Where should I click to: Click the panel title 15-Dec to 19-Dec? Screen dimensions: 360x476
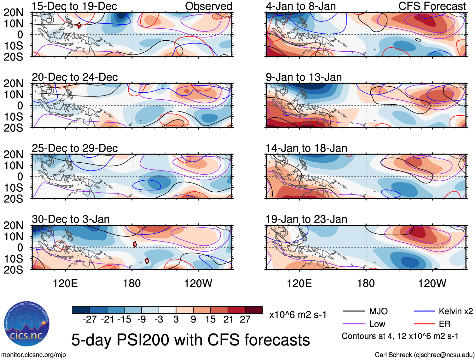pos(74,6)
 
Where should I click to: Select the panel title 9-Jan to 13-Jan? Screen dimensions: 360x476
pos(304,77)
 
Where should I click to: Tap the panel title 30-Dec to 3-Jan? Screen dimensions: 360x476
pos(71,219)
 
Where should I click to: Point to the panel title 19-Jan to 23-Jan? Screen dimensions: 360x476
pos(306,219)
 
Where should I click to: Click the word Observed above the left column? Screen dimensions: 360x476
pos(208,6)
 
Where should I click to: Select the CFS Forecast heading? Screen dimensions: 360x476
pos(432,6)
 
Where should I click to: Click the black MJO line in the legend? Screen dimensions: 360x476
pos(354,311)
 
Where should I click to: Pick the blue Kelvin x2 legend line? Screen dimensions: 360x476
pos(424,311)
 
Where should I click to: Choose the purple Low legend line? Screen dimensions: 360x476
pos(354,324)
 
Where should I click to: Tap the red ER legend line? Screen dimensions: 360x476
pos(424,324)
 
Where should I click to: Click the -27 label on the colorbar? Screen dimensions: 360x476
pos(90,320)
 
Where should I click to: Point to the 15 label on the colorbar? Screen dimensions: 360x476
pos(210,320)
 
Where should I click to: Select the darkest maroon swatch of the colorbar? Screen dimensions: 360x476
pos(254,310)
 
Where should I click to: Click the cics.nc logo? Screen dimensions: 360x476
pos(27,324)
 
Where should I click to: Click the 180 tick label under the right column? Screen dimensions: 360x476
pos(366,283)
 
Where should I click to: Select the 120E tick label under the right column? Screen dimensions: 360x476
pos(299,283)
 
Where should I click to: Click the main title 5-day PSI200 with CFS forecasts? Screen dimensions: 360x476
pos(190,340)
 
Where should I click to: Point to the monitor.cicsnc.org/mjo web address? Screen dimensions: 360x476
pos(34,355)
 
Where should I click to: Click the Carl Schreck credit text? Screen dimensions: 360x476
pos(424,355)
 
